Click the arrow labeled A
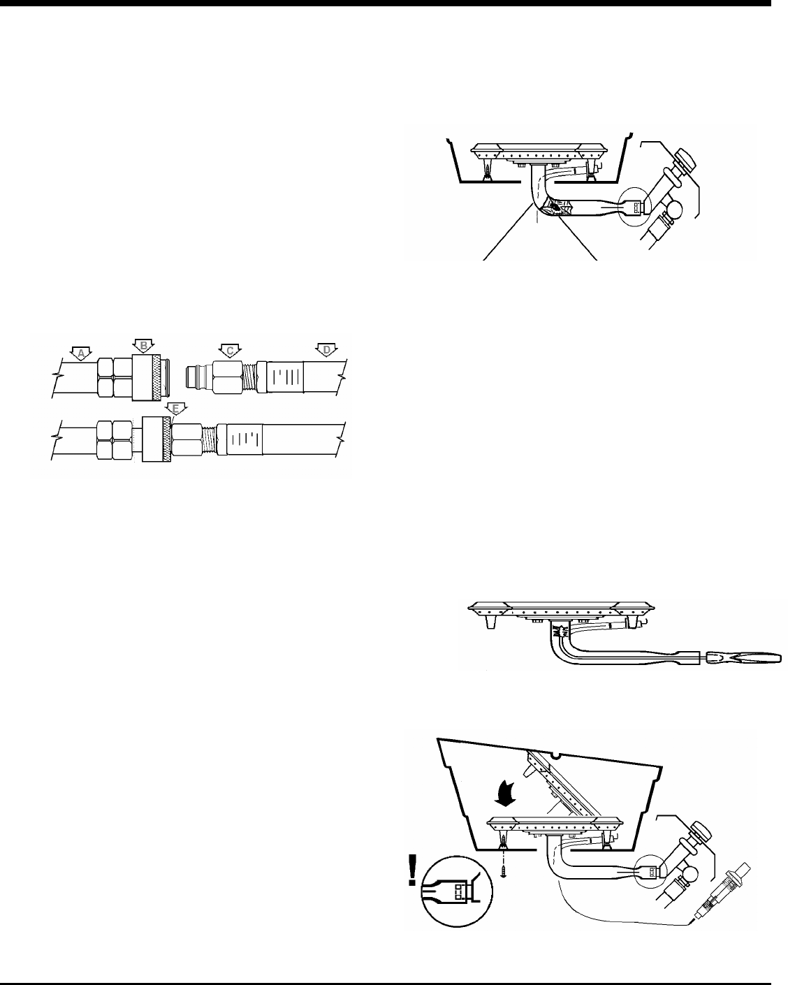81,353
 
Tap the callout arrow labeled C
228,348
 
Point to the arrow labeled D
325,348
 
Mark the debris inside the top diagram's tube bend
558,205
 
